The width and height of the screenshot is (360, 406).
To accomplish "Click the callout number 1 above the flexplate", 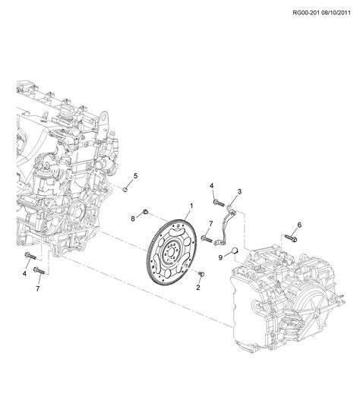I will (x=191, y=206).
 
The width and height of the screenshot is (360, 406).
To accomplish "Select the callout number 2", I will (x=198, y=288).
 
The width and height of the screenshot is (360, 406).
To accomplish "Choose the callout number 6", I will (x=298, y=225).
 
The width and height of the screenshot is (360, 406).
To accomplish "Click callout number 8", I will (x=132, y=219).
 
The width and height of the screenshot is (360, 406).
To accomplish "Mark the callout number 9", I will (x=221, y=257).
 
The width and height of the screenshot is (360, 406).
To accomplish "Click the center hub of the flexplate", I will (x=173, y=247).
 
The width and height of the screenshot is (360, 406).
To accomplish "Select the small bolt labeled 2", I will (x=200, y=274).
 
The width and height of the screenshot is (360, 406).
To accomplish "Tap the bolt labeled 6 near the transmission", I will (x=289, y=238).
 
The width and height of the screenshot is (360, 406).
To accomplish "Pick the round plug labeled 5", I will (x=123, y=189).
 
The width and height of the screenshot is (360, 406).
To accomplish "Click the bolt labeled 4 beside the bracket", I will (x=218, y=202).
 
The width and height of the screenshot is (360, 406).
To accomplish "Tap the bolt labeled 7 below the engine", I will (x=41, y=271).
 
